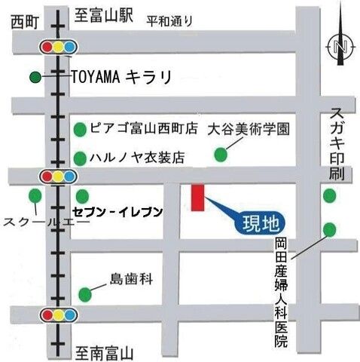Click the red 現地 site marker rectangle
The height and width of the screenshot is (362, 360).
[198, 197]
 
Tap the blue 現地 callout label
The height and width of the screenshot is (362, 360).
[258, 222]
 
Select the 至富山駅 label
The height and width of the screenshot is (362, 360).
[104, 14]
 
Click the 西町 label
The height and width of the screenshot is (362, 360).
[25, 24]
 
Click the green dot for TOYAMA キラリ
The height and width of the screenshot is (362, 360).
[35, 77]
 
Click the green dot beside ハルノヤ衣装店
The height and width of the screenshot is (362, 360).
[80, 158]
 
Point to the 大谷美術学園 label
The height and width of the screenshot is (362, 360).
[249, 129]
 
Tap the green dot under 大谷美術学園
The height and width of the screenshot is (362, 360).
[221, 155]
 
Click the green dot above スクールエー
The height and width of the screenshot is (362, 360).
[35, 196]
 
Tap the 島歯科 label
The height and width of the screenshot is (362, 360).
[131, 279]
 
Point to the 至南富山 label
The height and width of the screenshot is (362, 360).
[105, 351]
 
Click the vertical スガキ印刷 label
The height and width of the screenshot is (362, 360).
[336, 144]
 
